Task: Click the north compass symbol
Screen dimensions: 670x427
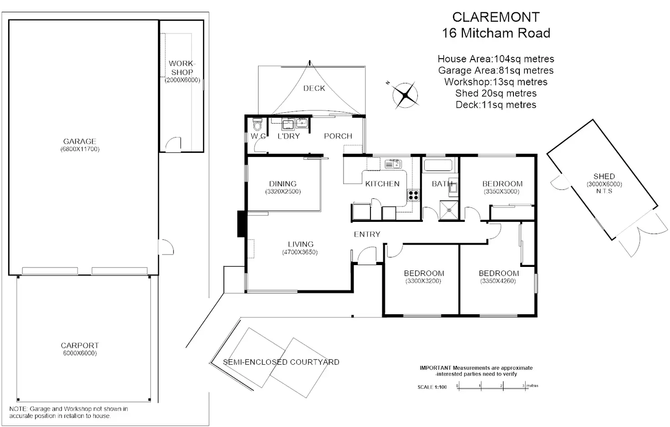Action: click(405, 95)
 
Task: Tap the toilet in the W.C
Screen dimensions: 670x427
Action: click(257, 125)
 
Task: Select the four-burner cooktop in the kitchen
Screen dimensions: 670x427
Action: click(413, 196)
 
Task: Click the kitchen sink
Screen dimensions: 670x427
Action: click(393, 164)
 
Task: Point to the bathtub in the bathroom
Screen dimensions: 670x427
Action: click(438, 165)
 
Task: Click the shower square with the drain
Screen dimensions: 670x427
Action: click(449, 210)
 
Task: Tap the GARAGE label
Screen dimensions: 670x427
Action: click(80, 141)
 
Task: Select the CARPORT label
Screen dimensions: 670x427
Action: click(80, 346)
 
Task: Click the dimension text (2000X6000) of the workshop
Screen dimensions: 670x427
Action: click(183, 80)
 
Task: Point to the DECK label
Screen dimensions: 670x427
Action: click(314, 88)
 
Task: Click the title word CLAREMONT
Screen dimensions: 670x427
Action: click(496, 17)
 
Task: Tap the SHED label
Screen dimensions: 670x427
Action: click(604, 176)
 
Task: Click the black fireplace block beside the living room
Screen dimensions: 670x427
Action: click(241, 224)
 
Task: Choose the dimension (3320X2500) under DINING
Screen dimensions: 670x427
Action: click(283, 191)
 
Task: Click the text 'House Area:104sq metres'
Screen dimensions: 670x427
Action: click(496, 59)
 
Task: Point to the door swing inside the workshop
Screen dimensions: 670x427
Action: click(173, 143)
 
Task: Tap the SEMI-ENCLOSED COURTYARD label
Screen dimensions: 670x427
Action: click(281, 362)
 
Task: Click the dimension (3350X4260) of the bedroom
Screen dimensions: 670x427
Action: click(498, 281)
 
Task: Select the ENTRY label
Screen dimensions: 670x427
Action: click(367, 234)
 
